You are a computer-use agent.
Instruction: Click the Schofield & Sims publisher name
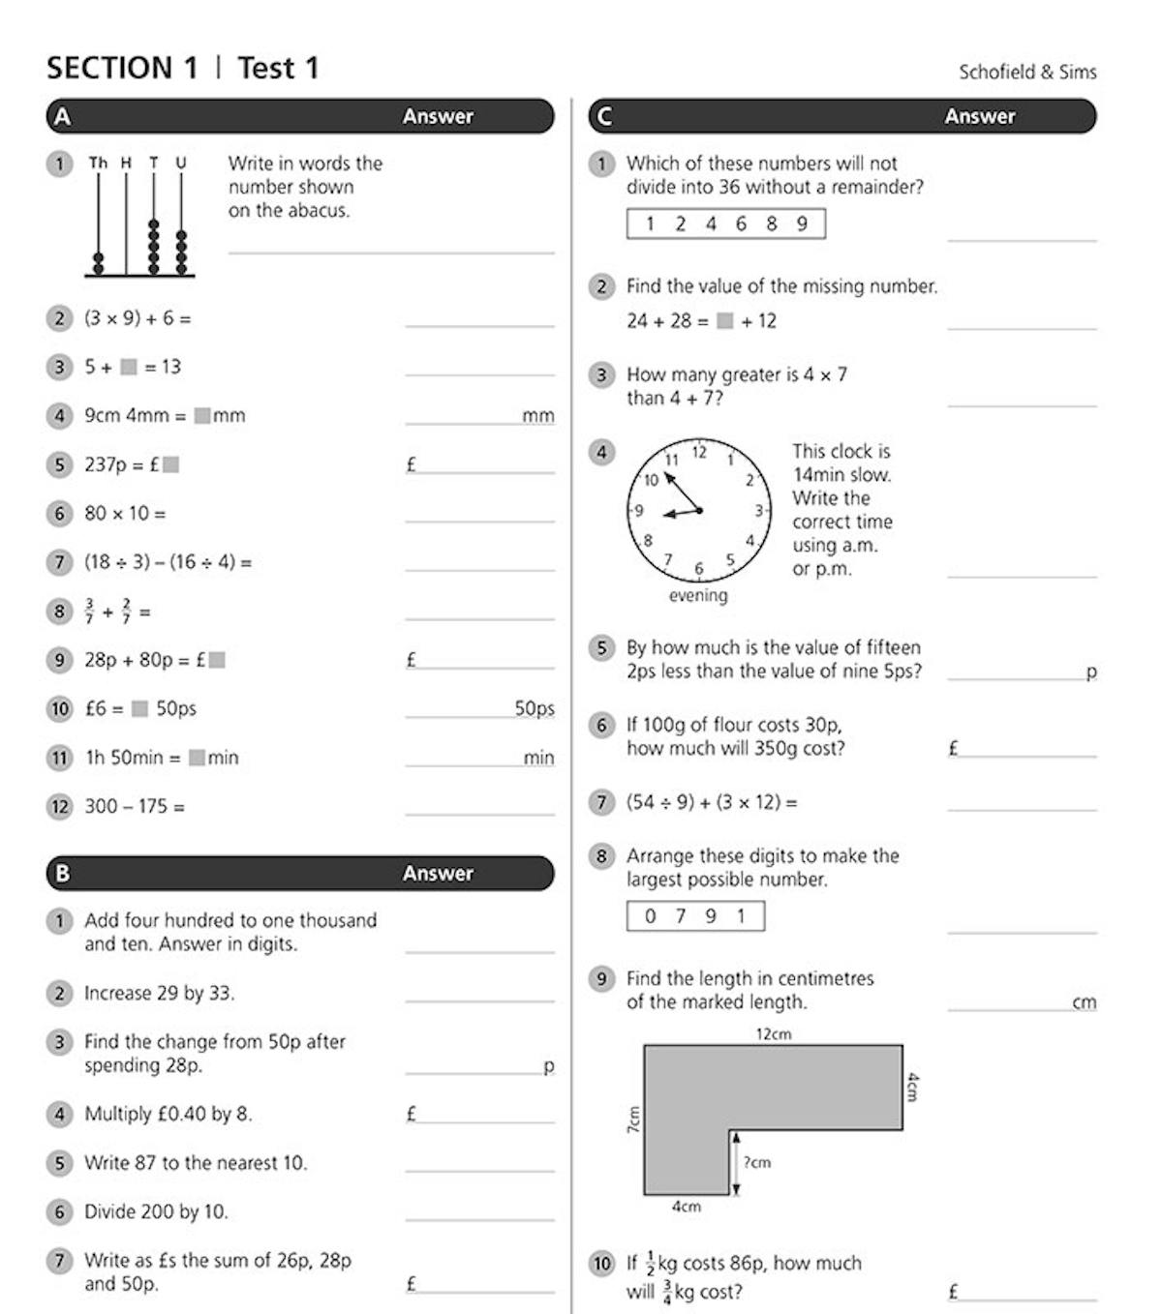[1027, 72]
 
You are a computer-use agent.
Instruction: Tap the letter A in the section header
[62, 117]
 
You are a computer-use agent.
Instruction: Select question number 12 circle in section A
[60, 806]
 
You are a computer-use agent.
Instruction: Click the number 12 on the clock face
[699, 452]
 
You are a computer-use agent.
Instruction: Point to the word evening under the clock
[697, 596]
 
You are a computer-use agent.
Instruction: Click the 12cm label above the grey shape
[773, 1034]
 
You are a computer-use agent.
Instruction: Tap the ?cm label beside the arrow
[757, 1162]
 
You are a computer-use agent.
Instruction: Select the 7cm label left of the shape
[634, 1120]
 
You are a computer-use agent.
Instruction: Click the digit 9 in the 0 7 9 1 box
[711, 916]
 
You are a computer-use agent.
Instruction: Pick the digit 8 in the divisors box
[772, 224]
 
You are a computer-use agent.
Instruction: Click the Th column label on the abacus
[98, 163]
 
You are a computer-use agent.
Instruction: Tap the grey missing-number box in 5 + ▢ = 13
[129, 368]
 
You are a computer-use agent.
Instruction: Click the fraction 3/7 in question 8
[89, 612]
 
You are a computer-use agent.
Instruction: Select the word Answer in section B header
[438, 874]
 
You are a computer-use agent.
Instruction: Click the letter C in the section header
[604, 117]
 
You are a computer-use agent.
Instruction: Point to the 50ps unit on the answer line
[534, 708]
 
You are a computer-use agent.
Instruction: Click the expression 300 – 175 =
[135, 806]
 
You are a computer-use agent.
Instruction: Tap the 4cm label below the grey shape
[686, 1207]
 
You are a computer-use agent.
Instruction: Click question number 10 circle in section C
[602, 1264]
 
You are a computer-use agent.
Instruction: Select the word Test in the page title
[265, 69]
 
